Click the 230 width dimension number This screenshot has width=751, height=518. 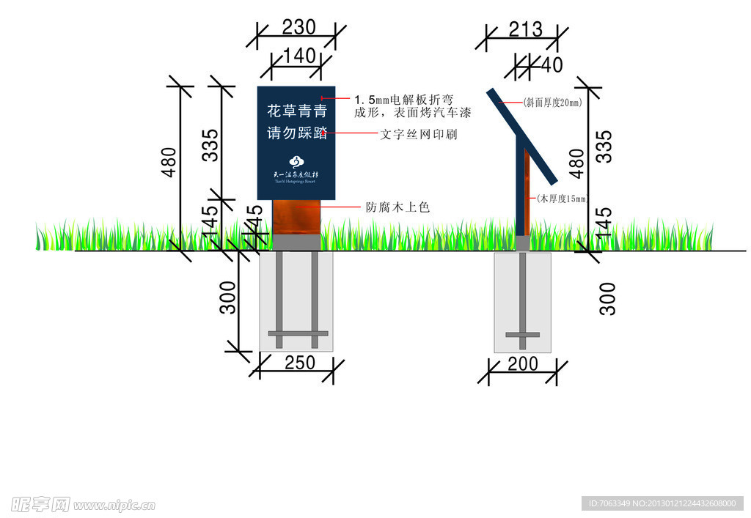pyautogui.click(x=298, y=28)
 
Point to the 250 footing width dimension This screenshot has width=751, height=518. pyautogui.click(x=299, y=363)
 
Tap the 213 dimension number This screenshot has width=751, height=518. pyautogui.click(x=525, y=29)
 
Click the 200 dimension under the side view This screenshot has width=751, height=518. pyautogui.click(x=522, y=363)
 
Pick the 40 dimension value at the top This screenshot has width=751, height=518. pyautogui.click(x=552, y=65)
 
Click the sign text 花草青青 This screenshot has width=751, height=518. pyautogui.click(x=296, y=112)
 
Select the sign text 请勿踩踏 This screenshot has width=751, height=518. pyautogui.click(x=296, y=133)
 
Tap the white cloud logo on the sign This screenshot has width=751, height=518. pyautogui.click(x=296, y=162)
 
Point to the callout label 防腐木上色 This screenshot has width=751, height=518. pyautogui.click(x=398, y=207)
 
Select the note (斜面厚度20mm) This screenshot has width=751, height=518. pyautogui.click(x=552, y=103)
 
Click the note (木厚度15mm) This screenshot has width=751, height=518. pyautogui.click(x=563, y=199)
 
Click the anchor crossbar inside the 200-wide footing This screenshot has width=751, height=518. pyautogui.click(x=523, y=335)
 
